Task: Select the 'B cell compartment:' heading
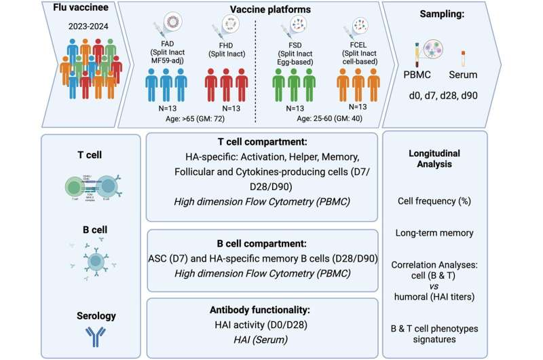coord(262,240)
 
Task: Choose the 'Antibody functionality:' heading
coord(262,309)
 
